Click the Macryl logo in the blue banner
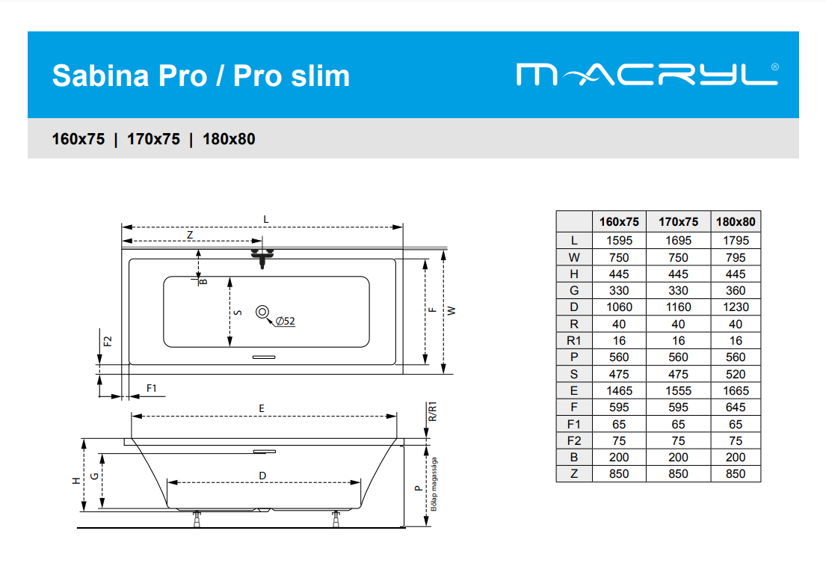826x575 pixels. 647,74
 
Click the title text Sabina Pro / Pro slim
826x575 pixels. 200,76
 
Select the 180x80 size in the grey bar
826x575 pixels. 229,139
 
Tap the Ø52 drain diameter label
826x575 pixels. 286,321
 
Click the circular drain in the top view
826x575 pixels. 262,312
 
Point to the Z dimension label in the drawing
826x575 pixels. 190,235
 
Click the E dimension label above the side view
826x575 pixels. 262,408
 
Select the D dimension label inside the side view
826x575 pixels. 262,476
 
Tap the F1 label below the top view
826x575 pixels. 152,388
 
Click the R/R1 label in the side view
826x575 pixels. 433,411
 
